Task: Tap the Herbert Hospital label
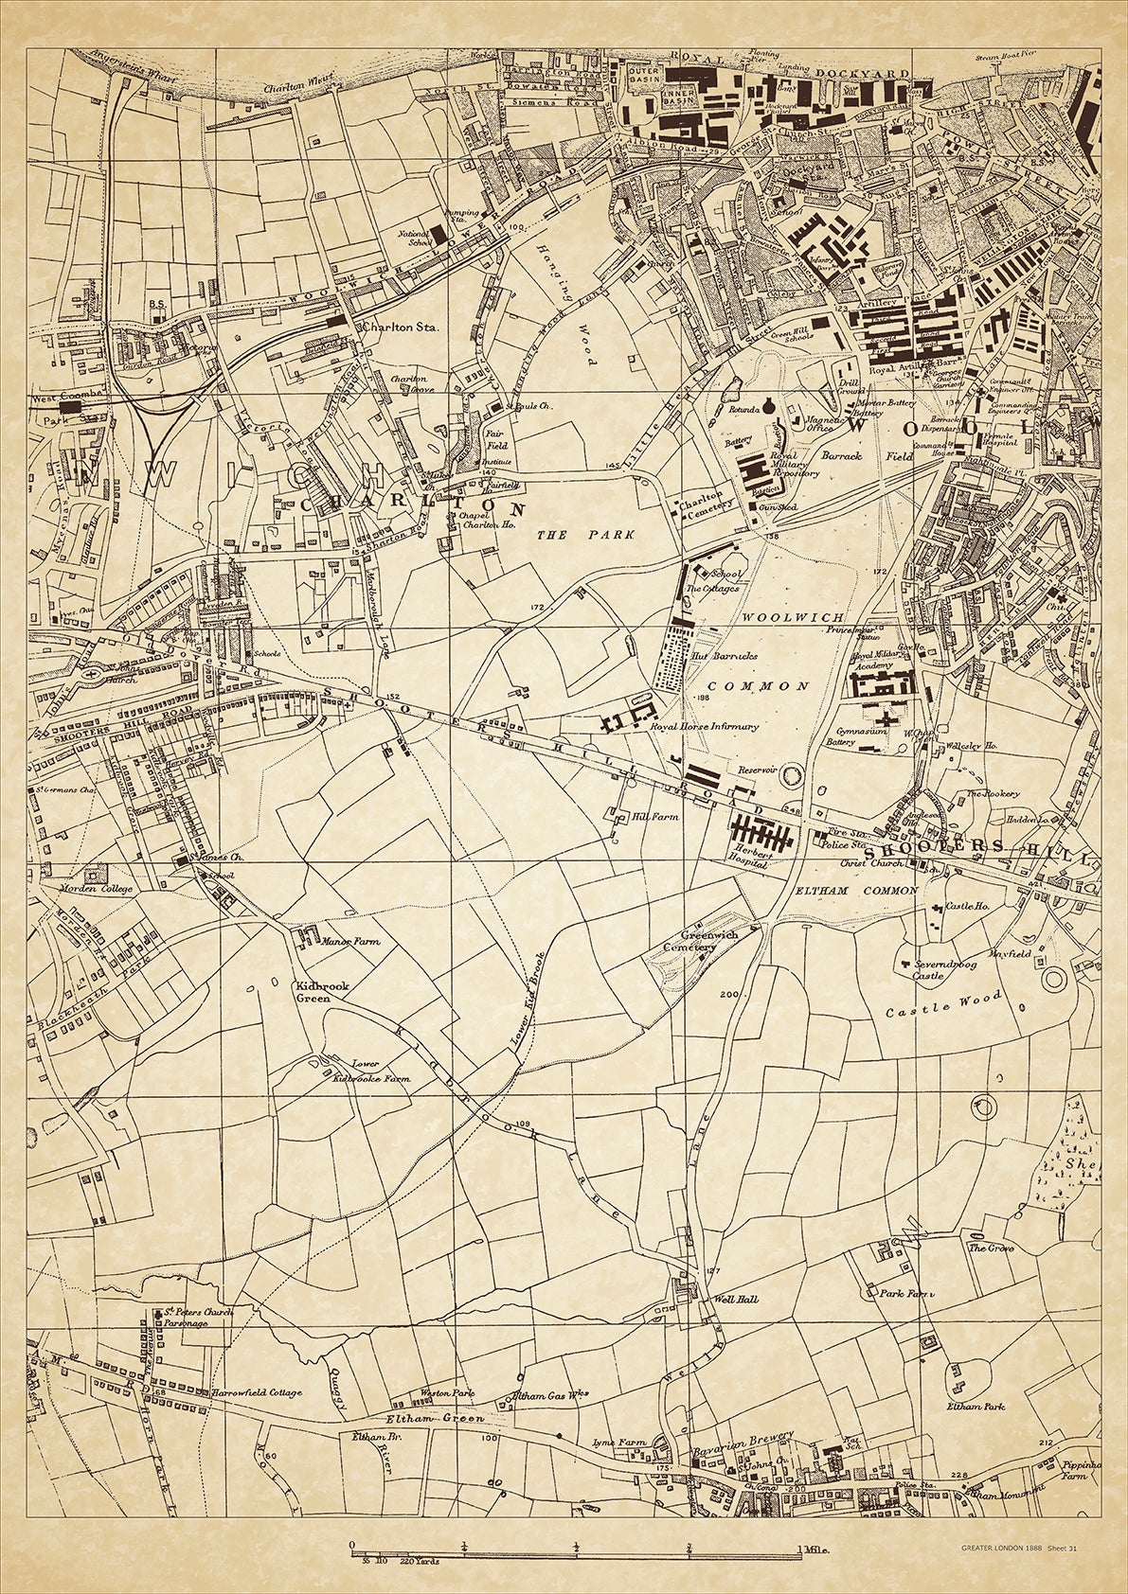click(x=745, y=859)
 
